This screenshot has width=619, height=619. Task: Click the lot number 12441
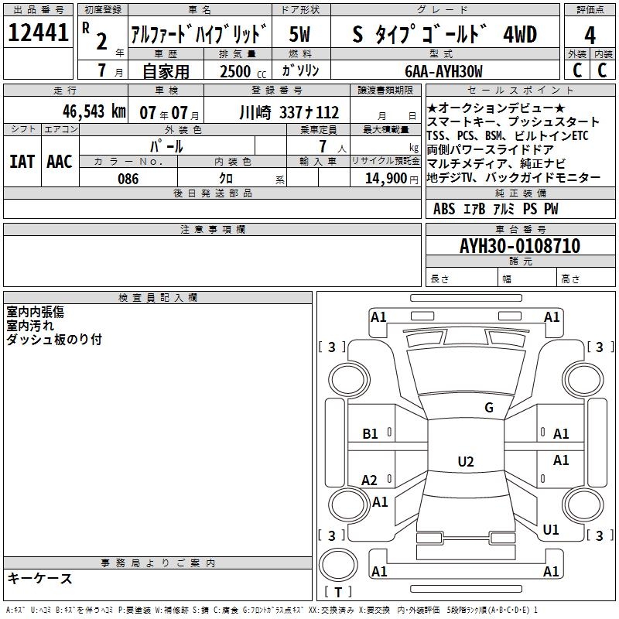38,32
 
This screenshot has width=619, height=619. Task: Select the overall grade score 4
590,35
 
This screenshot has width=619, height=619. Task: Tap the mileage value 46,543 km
94,111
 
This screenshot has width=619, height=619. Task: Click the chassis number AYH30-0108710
520,245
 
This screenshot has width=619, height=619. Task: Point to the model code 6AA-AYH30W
443,71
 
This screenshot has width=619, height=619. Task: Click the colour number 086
128,179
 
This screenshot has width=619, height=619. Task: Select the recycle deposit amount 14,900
386,178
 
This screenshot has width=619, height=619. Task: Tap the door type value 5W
300,34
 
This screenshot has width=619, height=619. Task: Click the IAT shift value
22,162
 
